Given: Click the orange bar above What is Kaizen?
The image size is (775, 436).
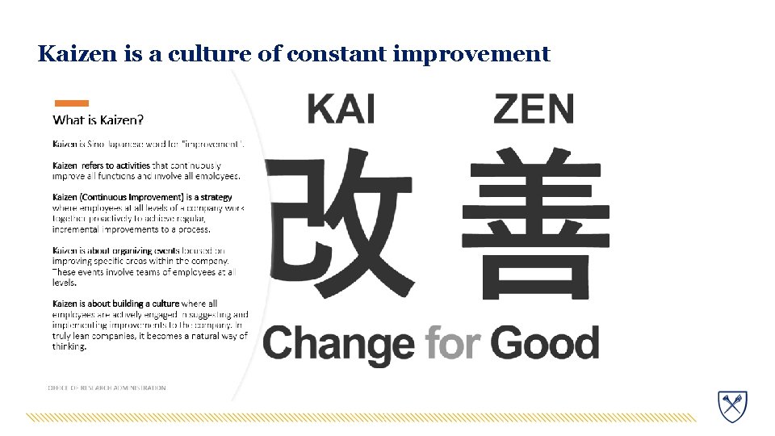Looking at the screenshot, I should point(71,103).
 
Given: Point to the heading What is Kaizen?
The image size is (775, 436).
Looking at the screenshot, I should point(98,120).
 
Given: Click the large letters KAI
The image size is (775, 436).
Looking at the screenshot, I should point(341,109).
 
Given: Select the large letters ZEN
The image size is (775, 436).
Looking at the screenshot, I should point(534,109).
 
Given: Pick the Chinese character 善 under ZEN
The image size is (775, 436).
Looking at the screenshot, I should point(536,224).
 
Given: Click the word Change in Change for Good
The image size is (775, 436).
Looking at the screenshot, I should point(338,344).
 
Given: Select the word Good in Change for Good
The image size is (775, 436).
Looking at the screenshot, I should point(546,343).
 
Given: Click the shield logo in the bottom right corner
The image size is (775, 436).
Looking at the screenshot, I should point(732,405).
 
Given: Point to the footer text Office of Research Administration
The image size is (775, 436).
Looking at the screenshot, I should point(107,388).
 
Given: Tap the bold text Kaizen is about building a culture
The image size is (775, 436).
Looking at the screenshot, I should point(116,304).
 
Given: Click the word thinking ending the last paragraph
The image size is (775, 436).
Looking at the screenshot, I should point(69,346).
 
